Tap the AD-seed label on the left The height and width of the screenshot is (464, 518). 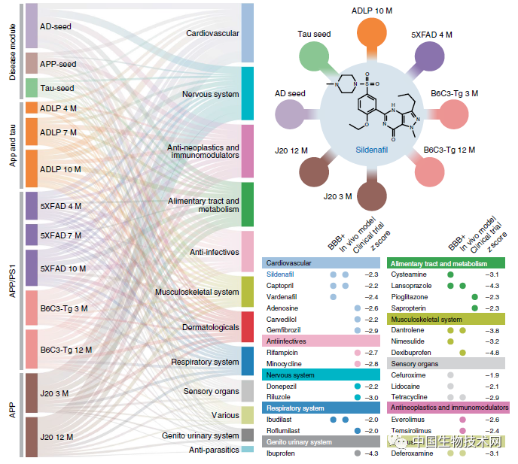[57, 25]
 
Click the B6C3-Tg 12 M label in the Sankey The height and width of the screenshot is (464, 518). [66, 350]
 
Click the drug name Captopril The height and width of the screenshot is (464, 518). [281, 286]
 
